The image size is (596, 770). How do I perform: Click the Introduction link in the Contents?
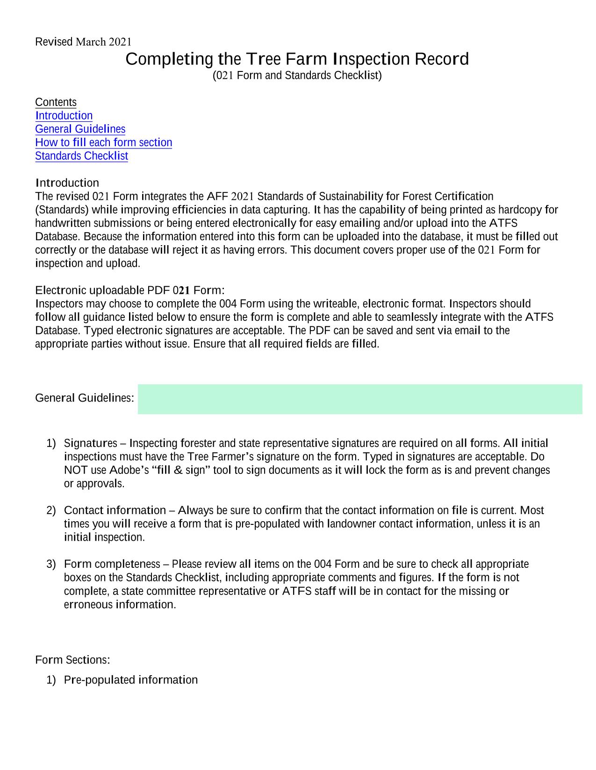tap(64, 116)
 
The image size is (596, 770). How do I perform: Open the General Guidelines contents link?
tap(80, 129)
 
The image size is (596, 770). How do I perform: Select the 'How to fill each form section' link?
tap(103, 142)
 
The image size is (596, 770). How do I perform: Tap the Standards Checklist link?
tap(81, 156)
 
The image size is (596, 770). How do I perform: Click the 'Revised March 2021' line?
tap(83, 42)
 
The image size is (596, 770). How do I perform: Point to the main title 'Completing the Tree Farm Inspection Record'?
tap(297, 59)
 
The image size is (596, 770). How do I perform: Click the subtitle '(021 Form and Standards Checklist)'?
tap(297, 76)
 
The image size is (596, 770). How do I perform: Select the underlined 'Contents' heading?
tap(56, 102)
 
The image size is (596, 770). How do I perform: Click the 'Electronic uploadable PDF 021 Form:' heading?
tap(129, 290)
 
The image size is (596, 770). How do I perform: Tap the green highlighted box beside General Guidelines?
tap(359, 399)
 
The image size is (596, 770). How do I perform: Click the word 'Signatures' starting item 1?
tap(91, 443)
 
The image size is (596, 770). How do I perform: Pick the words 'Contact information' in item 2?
tap(115, 510)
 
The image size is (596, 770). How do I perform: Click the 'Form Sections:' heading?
tap(72, 660)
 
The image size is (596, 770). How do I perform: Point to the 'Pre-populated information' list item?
tap(130, 680)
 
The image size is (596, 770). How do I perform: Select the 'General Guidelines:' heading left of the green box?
tap(84, 398)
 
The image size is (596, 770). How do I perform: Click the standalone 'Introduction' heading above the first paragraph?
tap(67, 183)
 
